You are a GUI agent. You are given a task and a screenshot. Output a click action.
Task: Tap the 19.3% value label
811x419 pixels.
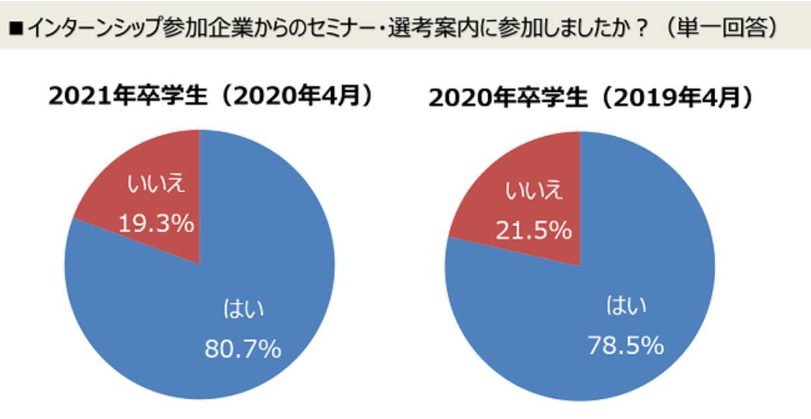[x=156, y=224]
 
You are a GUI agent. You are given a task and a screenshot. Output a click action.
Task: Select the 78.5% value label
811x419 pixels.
[x=625, y=345]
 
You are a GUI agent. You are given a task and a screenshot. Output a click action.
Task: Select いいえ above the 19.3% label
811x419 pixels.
[x=156, y=184]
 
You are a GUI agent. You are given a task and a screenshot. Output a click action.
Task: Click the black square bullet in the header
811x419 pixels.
[x=16, y=28]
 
